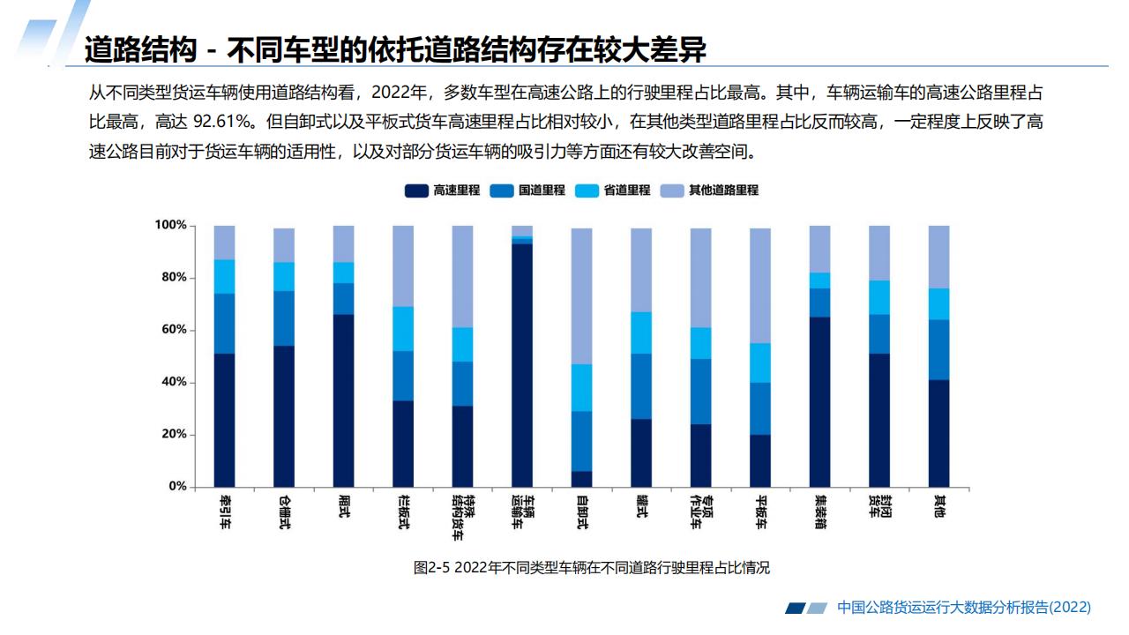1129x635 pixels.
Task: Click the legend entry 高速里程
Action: pyautogui.click(x=443, y=190)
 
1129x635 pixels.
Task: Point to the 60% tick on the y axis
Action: pyautogui.click(x=172, y=330)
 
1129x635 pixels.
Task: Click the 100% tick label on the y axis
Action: pyautogui.click(x=170, y=226)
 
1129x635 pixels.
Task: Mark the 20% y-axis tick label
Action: pyautogui.click(x=172, y=435)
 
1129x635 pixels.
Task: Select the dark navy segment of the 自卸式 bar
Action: pyautogui.click(x=581, y=479)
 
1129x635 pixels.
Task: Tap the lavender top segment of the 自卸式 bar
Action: pyautogui.click(x=581, y=296)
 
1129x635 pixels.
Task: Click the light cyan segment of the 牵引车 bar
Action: pyautogui.click(x=224, y=276)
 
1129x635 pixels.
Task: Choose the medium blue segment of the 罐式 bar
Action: pyautogui.click(x=641, y=386)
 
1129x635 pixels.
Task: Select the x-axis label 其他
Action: pyautogui.click(x=939, y=507)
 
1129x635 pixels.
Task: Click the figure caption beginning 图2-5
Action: pyautogui.click(x=591, y=567)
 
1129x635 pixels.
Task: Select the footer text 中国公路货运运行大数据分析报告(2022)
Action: pyautogui.click(x=963, y=607)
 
